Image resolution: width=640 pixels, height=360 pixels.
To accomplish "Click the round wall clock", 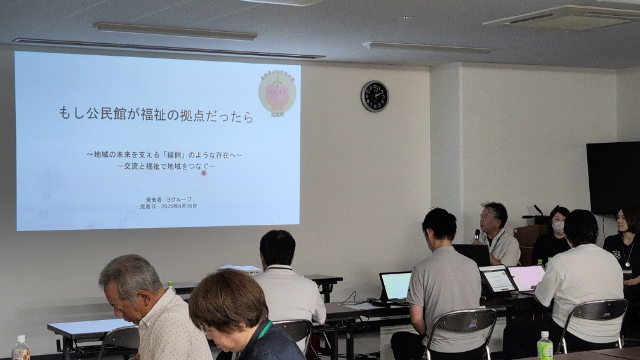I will (375, 96).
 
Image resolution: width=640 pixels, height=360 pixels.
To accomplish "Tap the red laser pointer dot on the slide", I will (204, 173).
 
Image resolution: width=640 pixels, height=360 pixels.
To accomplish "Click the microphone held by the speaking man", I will (477, 234).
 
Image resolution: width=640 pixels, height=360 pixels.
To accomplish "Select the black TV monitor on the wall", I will (613, 177).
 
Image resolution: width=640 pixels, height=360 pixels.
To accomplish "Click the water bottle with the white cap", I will (21, 349).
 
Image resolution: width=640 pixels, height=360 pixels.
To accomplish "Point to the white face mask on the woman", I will (558, 226).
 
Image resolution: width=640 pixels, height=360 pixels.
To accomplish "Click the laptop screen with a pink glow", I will (526, 277).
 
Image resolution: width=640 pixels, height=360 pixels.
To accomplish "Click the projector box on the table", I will (241, 269).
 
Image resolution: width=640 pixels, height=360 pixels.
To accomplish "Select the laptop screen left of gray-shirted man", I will (396, 285).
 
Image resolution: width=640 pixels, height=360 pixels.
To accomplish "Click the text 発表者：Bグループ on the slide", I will (169, 199).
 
